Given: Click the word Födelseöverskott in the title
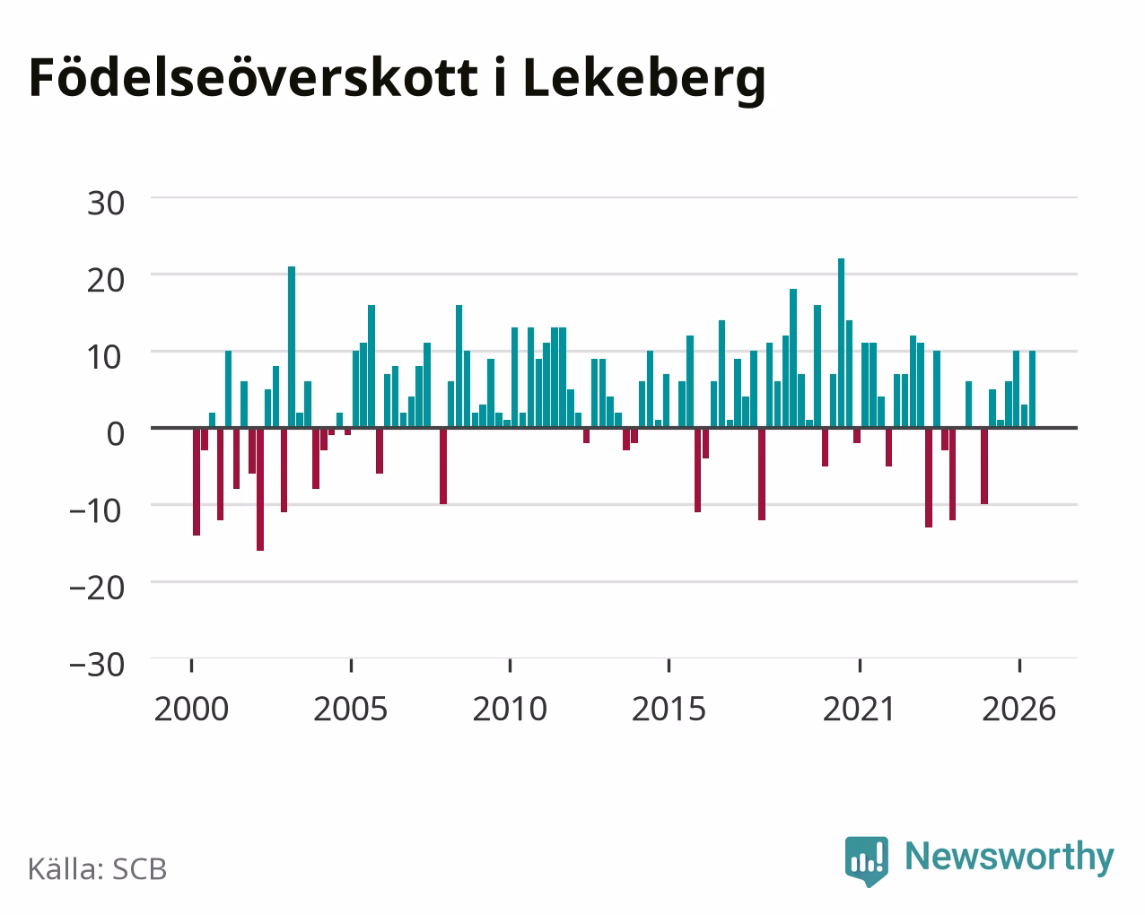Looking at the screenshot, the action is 254,78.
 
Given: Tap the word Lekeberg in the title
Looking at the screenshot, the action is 644,79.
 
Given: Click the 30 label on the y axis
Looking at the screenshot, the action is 105,204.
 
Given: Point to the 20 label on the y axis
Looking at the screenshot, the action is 105,281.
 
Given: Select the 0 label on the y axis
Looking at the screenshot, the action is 116,434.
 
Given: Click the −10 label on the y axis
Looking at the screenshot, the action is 96,511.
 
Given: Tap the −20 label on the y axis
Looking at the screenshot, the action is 96,588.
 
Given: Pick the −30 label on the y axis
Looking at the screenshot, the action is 96,665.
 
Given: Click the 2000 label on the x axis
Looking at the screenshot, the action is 191,709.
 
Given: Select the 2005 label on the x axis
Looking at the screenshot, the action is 351,709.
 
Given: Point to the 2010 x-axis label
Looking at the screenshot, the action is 510,709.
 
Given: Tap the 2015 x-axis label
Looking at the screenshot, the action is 669,709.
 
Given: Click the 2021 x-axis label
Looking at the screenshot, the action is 860,709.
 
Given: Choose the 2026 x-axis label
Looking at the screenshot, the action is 1018,709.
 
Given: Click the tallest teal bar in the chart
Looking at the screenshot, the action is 841,343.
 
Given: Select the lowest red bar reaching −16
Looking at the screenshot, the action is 260,489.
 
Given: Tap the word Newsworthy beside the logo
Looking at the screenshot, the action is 1010,857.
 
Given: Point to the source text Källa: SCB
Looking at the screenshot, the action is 98,869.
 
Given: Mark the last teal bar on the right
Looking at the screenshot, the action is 1032,389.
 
